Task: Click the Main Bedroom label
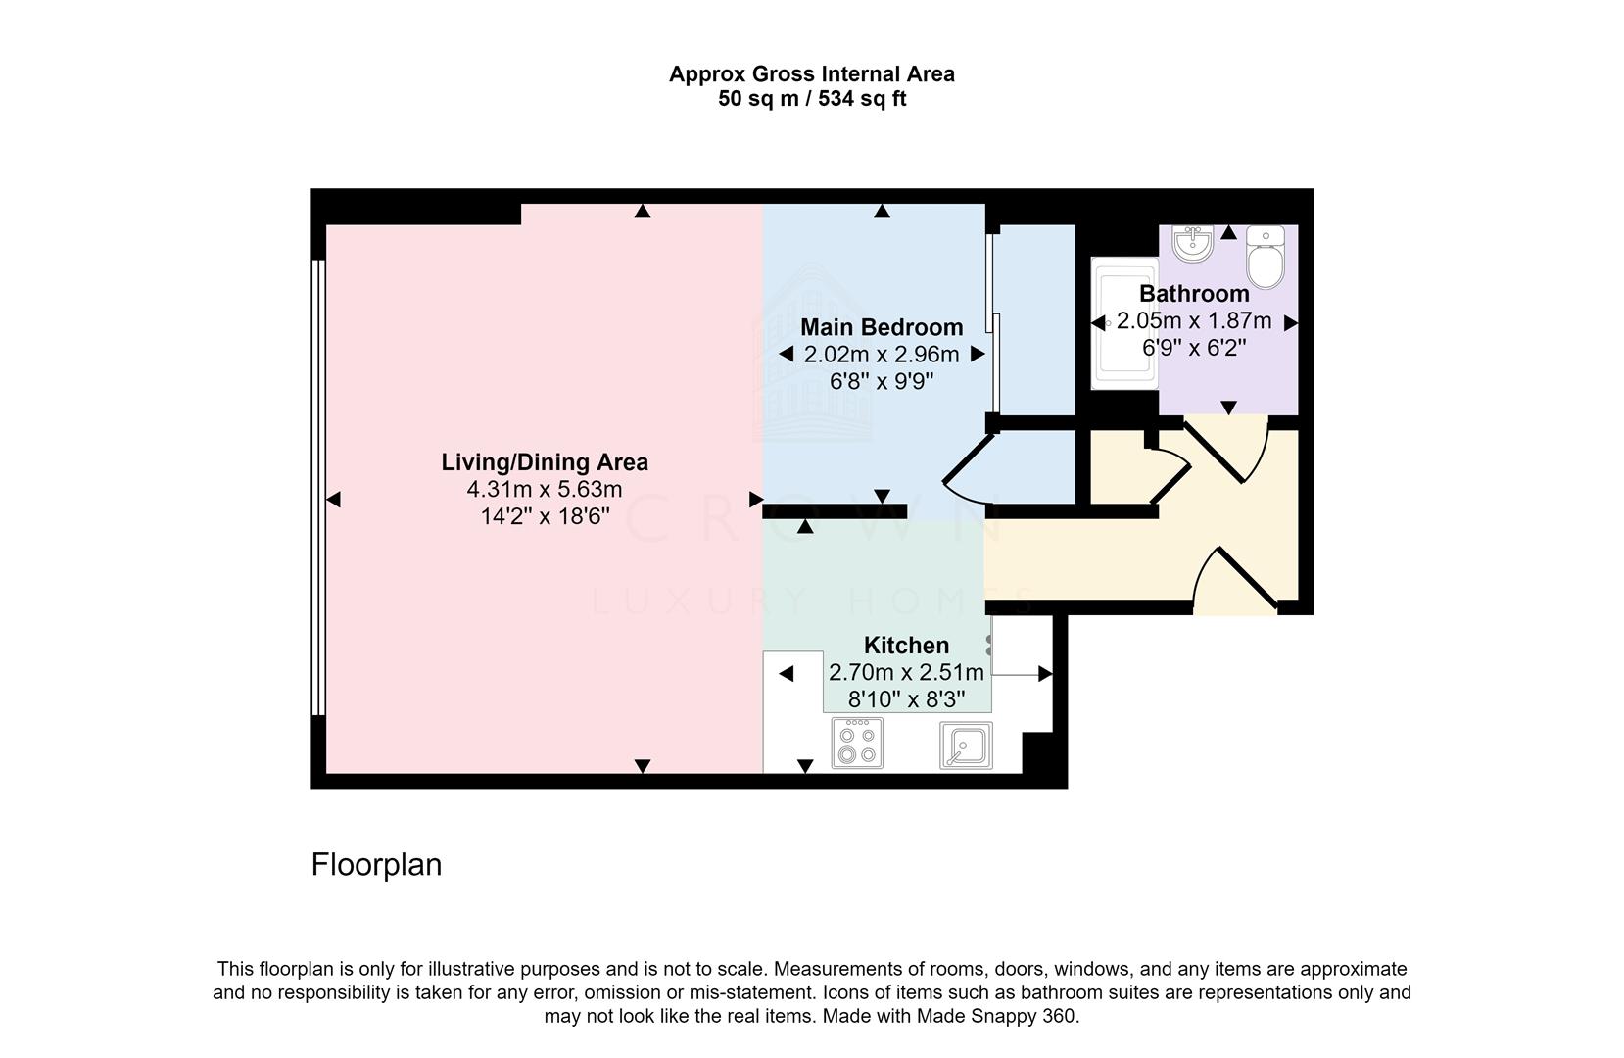pos(882,327)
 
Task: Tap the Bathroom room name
pos(1194,294)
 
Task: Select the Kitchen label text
pos(906,645)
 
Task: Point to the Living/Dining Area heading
pos(545,462)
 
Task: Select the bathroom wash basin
pos(1193,244)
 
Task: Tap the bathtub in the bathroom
pos(1124,323)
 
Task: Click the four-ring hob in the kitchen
pos(857,743)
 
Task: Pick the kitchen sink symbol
pos(966,745)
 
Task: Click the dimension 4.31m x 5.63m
pos(545,490)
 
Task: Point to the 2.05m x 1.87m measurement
pos(1194,320)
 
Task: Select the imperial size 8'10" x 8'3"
pos(906,699)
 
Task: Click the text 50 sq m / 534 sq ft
pos(812,98)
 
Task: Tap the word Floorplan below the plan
pos(376,864)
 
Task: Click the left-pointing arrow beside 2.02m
pos(786,354)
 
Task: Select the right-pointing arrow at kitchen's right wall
pos(1045,674)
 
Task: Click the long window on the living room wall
pos(317,487)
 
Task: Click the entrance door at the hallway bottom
pos(1236,578)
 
